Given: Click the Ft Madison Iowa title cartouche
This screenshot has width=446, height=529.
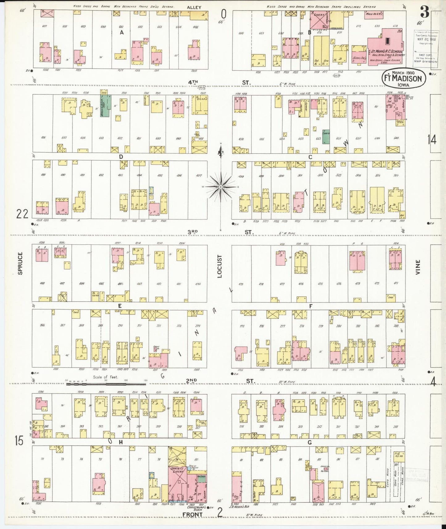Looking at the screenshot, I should (404, 78).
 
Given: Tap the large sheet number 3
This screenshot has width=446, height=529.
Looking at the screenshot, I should (425, 13).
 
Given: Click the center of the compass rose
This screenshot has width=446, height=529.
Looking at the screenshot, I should (221, 187).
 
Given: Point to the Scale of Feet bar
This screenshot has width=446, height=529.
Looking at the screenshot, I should (106, 384).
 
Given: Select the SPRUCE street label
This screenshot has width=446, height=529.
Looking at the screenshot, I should (20, 263).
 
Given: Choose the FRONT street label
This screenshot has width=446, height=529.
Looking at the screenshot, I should (192, 514).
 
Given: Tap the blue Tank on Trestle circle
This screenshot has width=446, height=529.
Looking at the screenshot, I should (189, 468).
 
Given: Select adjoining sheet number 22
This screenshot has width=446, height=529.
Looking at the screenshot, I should (23, 213).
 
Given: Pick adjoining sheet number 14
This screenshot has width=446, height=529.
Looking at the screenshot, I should (432, 140).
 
